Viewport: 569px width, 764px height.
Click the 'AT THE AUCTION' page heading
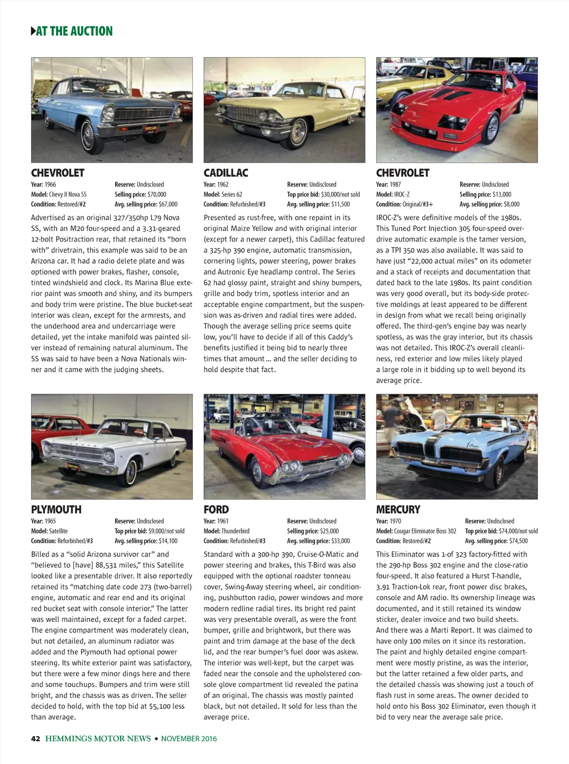point(74,31)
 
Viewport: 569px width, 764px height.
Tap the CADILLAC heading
point(226,173)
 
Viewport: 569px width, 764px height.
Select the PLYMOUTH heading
point(56,509)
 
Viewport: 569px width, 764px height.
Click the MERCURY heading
point(398,509)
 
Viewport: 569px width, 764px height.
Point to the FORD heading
point(216,509)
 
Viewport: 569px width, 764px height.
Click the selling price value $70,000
point(157,194)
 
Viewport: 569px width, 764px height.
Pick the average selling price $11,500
point(341,204)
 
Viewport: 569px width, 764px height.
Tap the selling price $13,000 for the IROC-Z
point(498,194)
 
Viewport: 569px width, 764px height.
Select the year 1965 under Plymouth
point(50,521)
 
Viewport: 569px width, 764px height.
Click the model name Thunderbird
point(235,531)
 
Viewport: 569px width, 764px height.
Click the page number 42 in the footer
point(36,738)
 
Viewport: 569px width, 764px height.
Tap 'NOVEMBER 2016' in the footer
point(189,738)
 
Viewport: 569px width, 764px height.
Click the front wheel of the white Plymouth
point(131,474)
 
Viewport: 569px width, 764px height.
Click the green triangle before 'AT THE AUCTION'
point(33,31)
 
